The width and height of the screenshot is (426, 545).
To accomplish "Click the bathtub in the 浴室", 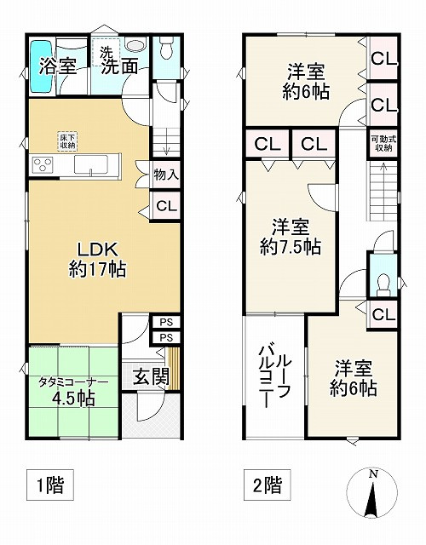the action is pos(42,66).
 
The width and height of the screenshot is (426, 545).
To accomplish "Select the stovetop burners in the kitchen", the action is pos(43,164).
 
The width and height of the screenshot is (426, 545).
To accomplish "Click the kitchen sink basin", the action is pos(91,164).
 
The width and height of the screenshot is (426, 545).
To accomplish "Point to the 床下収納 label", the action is pos(66,141).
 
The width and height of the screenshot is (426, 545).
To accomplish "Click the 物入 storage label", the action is pos(166,175).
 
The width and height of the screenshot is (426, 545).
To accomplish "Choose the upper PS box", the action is pos(166,322).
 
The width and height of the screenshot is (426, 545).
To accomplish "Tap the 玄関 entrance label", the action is pos(152,376).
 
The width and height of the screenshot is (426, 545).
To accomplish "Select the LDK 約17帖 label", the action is pos(97,259).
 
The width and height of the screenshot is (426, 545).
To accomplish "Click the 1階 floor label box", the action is pos(50,485).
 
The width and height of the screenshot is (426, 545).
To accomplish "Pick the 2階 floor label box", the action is pos(267,485).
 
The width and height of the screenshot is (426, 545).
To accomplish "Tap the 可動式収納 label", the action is pos(383,143).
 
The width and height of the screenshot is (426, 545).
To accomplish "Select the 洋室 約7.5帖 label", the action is pos(291,237).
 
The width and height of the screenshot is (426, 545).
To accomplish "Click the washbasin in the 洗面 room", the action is pos(136,45).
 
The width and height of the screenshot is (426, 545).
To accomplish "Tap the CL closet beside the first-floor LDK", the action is pos(166,206).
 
